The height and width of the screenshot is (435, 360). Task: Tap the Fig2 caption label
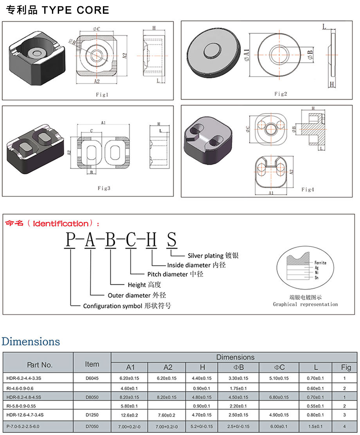281,94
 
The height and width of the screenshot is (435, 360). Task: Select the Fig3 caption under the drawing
104,188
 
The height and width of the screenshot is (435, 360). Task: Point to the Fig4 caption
308,190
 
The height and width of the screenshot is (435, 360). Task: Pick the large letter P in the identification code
70,240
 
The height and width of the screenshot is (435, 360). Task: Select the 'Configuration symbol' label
112,306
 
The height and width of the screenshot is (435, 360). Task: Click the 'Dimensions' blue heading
31,341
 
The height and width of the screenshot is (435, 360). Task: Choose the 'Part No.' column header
40,365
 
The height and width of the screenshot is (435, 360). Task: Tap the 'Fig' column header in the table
346,367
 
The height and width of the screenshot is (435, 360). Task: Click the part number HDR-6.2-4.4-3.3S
24,379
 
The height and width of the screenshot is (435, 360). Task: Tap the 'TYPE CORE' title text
75,10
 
